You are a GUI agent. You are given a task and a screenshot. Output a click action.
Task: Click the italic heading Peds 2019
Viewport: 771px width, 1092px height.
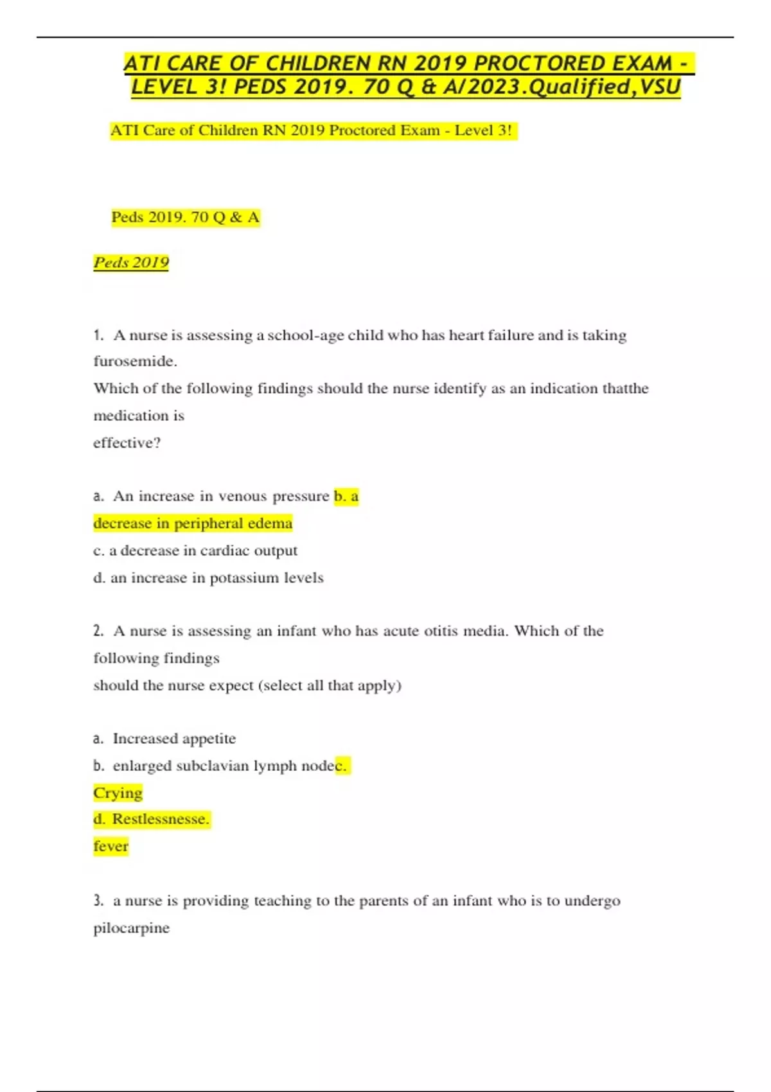coord(131,262)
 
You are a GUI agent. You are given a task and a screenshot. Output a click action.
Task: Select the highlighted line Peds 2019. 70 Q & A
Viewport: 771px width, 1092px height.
coord(185,217)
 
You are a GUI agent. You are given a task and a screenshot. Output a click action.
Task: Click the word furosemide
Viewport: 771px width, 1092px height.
coord(134,361)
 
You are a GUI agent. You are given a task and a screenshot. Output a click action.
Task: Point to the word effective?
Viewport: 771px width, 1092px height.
coord(127,443)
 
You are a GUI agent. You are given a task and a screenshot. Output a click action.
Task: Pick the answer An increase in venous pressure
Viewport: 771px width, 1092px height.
coord(221,496)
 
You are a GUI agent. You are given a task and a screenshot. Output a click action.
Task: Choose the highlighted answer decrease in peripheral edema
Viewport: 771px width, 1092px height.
coord(193,523)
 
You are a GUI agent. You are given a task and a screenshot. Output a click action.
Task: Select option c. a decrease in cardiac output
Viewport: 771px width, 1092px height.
coord(195,550)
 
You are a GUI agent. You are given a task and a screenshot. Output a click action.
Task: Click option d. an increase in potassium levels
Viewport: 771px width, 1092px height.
coord(208,577)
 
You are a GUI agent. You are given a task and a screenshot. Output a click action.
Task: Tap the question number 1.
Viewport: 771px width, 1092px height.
coord(98,335)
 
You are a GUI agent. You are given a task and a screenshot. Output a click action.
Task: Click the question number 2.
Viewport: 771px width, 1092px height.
coord(98,631)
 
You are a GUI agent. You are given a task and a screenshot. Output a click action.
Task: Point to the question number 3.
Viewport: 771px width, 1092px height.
coord(98,901)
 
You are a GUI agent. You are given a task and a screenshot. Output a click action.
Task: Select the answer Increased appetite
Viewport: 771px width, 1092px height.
coord(174,739)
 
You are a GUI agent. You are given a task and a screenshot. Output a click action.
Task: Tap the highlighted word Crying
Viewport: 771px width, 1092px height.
coord(118,793)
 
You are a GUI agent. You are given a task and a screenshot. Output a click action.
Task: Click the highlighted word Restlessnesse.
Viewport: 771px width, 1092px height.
coord(160,819)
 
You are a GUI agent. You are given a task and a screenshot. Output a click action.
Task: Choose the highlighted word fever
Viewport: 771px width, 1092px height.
coord(111,846)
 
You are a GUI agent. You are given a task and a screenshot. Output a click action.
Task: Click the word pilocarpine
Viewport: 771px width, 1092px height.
coord(131,928)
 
